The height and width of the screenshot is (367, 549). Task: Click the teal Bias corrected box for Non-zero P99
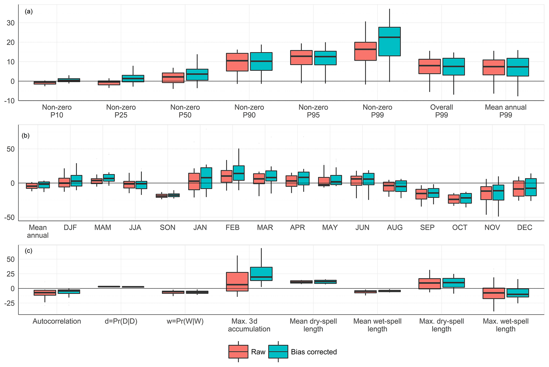click(x=389, y=41)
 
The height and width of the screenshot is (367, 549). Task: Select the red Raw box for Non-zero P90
click(x=237, y=62)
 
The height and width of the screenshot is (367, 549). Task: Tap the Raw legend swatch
click(x=238, y=352)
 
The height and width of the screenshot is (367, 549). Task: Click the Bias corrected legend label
click(x=314, y=352)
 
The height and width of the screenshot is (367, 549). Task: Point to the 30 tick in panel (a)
click(x=11, y=23)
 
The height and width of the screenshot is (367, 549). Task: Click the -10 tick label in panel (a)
click(x=9, y=101)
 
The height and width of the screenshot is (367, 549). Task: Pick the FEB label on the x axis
click(x=232, y=227)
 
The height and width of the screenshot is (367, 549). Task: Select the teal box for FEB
click(x=239, y=173)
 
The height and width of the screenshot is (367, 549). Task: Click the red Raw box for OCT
click(x=454, y=199)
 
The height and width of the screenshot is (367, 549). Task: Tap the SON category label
click(x=168, y=227)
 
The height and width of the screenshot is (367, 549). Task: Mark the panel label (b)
click(x=25, y=136)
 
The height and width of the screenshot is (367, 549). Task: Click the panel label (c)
click(x=28, y=251)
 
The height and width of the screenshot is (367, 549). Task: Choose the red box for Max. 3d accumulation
click(x=237, y=282)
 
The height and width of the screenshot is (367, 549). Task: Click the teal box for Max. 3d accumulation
click(x=261, y=274)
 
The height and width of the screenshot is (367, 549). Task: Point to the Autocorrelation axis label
click(x=57, y=321)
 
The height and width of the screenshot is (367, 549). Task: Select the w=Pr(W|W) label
click(x=185, y=321)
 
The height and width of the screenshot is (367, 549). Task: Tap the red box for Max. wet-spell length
click(x=493, y=293)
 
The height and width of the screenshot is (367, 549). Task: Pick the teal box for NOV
click(x=498, y=193)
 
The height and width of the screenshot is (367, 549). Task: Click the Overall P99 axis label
click(x=441, y=111)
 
